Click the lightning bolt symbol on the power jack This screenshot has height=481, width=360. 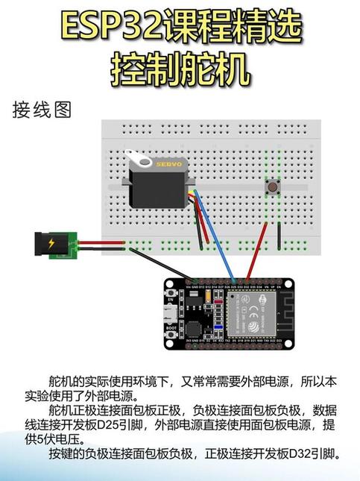coord(51,244)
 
